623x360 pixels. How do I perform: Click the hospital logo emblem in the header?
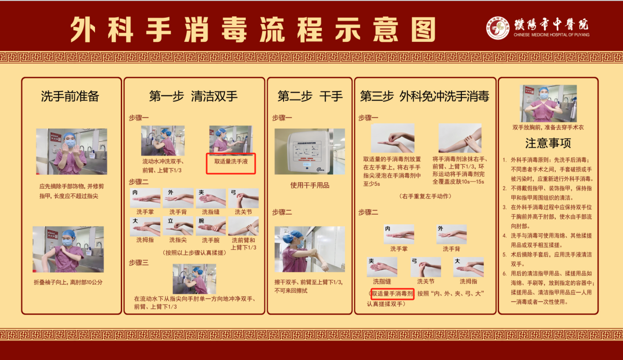click(498, 28)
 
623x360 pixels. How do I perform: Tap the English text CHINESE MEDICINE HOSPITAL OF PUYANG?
click(551, 35)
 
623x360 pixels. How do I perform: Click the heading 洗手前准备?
click(70, 96)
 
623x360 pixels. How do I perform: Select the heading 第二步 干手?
click(310, 96)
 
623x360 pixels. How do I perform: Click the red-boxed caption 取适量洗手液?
click(231, 162)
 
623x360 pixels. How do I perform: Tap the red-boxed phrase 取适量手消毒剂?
click(393, 293)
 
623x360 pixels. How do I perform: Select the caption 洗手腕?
click(210, 240)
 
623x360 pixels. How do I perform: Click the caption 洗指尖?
click(178, 240)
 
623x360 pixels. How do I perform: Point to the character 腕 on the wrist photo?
click(201, 221)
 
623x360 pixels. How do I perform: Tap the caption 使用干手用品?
click(309, 185)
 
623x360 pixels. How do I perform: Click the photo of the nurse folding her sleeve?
click(68, 249)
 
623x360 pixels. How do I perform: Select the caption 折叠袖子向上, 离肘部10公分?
click(68, 282)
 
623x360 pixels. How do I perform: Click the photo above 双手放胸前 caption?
click(548, 103)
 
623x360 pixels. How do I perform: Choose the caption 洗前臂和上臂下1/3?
click(243, 244)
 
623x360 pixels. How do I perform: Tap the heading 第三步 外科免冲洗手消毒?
click(424, 96)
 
